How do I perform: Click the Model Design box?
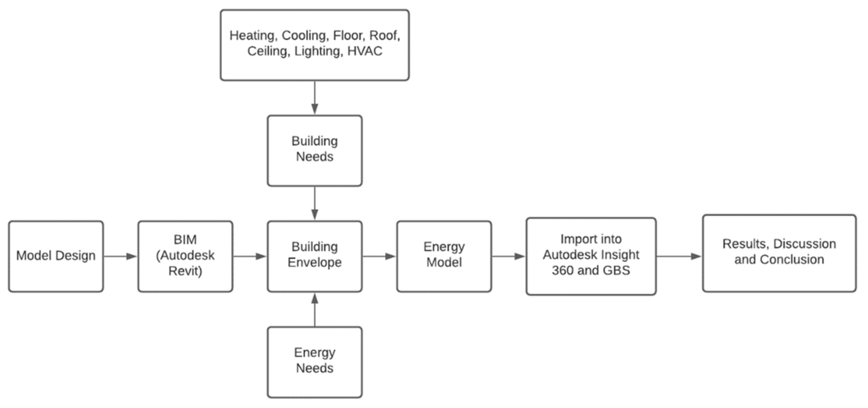tap(56, 256)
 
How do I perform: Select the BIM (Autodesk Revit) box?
tap(185, 256)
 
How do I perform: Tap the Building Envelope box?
tap(315, 256)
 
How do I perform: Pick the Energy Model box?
tap(444, 256)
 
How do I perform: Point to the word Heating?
tap(252, 36)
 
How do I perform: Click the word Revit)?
tap(185, 271)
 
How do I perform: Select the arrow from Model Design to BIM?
tap(120, 256)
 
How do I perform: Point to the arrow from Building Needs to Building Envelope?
tap(315, 203)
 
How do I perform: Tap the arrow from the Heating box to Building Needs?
tap(315, 98)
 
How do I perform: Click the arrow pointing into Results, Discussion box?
tap(679, 256)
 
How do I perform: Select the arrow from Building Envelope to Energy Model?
tap(379, 256)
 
